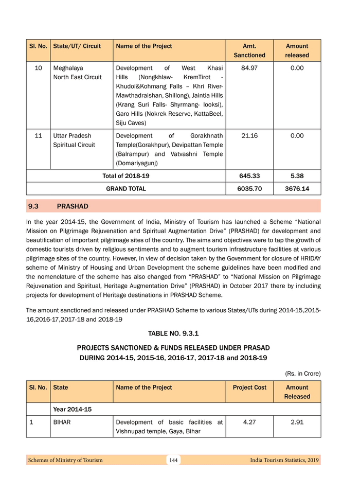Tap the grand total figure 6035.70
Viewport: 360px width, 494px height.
coord(249,189)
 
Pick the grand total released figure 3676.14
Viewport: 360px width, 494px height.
coord(297,189)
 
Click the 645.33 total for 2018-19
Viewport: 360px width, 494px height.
coord(249,176)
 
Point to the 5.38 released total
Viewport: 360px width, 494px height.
coord(297,176)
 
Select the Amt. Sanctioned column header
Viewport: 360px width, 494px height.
coord(249,50)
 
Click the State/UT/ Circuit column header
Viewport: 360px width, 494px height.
coord(77,46)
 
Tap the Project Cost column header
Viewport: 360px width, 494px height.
coord(249,387)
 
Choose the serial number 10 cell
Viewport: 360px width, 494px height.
coord(39,68)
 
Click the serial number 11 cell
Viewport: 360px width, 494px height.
coord(39,136)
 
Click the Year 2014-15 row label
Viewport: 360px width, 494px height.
coord(73,410)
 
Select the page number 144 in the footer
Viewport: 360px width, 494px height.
coord(173,460)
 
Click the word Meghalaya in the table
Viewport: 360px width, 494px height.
coord(68,68)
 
